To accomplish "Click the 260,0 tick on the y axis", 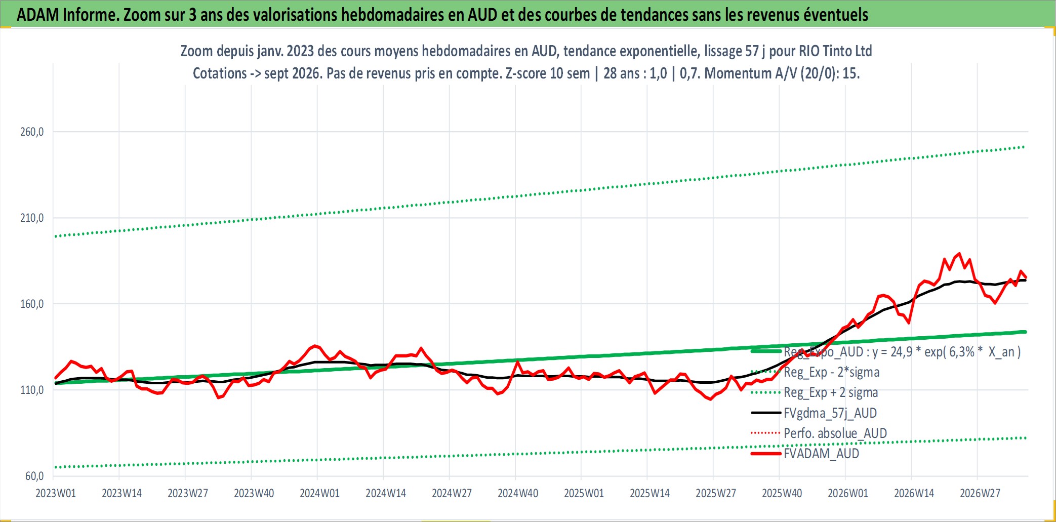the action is pos(32,132).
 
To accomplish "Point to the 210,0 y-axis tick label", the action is pos(32,218).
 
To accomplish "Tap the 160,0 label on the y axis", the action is pos(32,304).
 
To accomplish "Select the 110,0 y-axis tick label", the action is pos(32,390).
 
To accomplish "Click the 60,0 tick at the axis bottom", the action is pos(34,476).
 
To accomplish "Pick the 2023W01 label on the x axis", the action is pos(56,493).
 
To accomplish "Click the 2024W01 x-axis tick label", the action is pos(320,493).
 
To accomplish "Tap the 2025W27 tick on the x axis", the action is pos(716,493).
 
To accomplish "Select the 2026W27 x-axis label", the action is pos(980,493).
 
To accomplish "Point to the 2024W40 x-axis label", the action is pos(518,493).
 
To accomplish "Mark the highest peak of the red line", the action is pos(959,254).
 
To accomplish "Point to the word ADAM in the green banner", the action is pos(38,15).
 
